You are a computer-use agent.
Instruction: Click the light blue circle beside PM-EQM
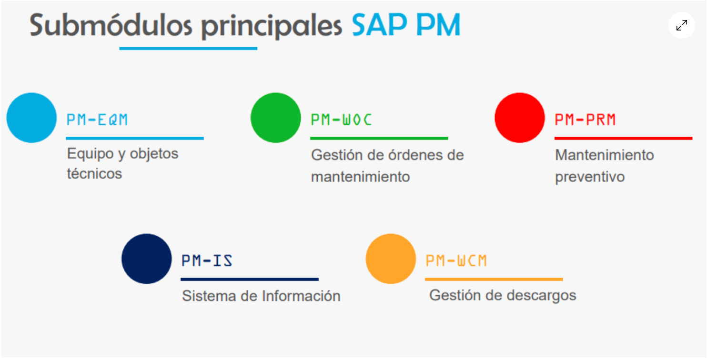(31, 118)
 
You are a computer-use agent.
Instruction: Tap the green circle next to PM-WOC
(275, 118)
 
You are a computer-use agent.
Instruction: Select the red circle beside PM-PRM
(520, 118)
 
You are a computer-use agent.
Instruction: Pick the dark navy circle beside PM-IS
(147, 259)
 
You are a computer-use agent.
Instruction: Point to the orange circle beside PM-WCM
(391, 259)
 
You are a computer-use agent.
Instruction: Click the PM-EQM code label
(97, 120)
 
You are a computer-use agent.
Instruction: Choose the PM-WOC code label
(342, 120)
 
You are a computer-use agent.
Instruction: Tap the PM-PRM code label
(586, 120)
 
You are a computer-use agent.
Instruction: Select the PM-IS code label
(207, 261)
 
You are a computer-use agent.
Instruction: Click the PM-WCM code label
(456, 261)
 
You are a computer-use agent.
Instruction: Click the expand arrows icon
(682, 25)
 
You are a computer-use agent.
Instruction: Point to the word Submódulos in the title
(111, 25)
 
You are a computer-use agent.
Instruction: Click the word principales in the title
(272, 27)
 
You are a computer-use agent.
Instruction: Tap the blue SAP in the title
(379, 25)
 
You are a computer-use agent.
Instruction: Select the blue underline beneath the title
(188, 49)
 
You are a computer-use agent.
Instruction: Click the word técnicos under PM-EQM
(94, 173)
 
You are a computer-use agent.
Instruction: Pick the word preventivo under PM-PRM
(590, 177)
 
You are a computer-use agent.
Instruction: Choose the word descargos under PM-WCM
(542, 296)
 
